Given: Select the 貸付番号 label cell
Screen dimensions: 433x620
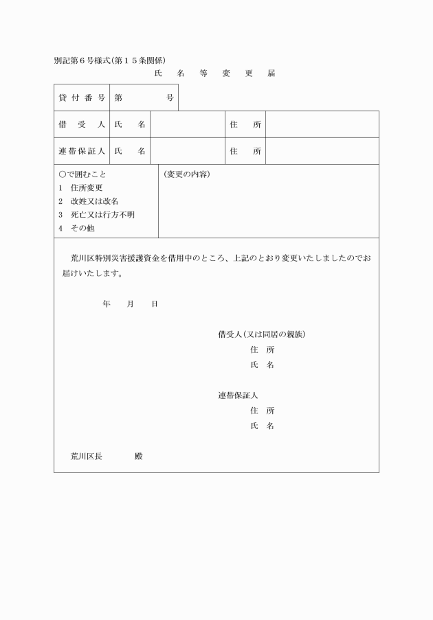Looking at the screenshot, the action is tap(82, 97).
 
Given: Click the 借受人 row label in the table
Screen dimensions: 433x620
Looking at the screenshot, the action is tap(82, 124).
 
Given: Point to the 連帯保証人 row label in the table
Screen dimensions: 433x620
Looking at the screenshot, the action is tap(82, 151).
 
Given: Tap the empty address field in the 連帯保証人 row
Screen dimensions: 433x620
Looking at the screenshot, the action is tap(322, 151).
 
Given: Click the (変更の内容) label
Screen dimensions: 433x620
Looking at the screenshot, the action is tap(187, 174).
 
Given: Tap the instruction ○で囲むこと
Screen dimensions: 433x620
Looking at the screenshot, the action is tap(82, 174).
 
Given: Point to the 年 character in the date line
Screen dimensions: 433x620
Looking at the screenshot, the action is tap(107, 303).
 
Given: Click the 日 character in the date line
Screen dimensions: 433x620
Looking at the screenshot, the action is tap(155, 303).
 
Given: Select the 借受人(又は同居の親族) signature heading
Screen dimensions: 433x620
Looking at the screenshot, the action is tap(262, 335).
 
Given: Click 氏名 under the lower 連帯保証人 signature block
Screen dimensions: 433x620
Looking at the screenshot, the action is tap(263, 426).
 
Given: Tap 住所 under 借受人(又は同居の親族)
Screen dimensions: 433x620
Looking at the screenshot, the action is tap(263, 350).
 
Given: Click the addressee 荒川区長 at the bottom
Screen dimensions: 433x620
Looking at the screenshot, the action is tap(87, 456).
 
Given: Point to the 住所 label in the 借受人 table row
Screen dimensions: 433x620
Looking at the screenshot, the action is tap(246, 124).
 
